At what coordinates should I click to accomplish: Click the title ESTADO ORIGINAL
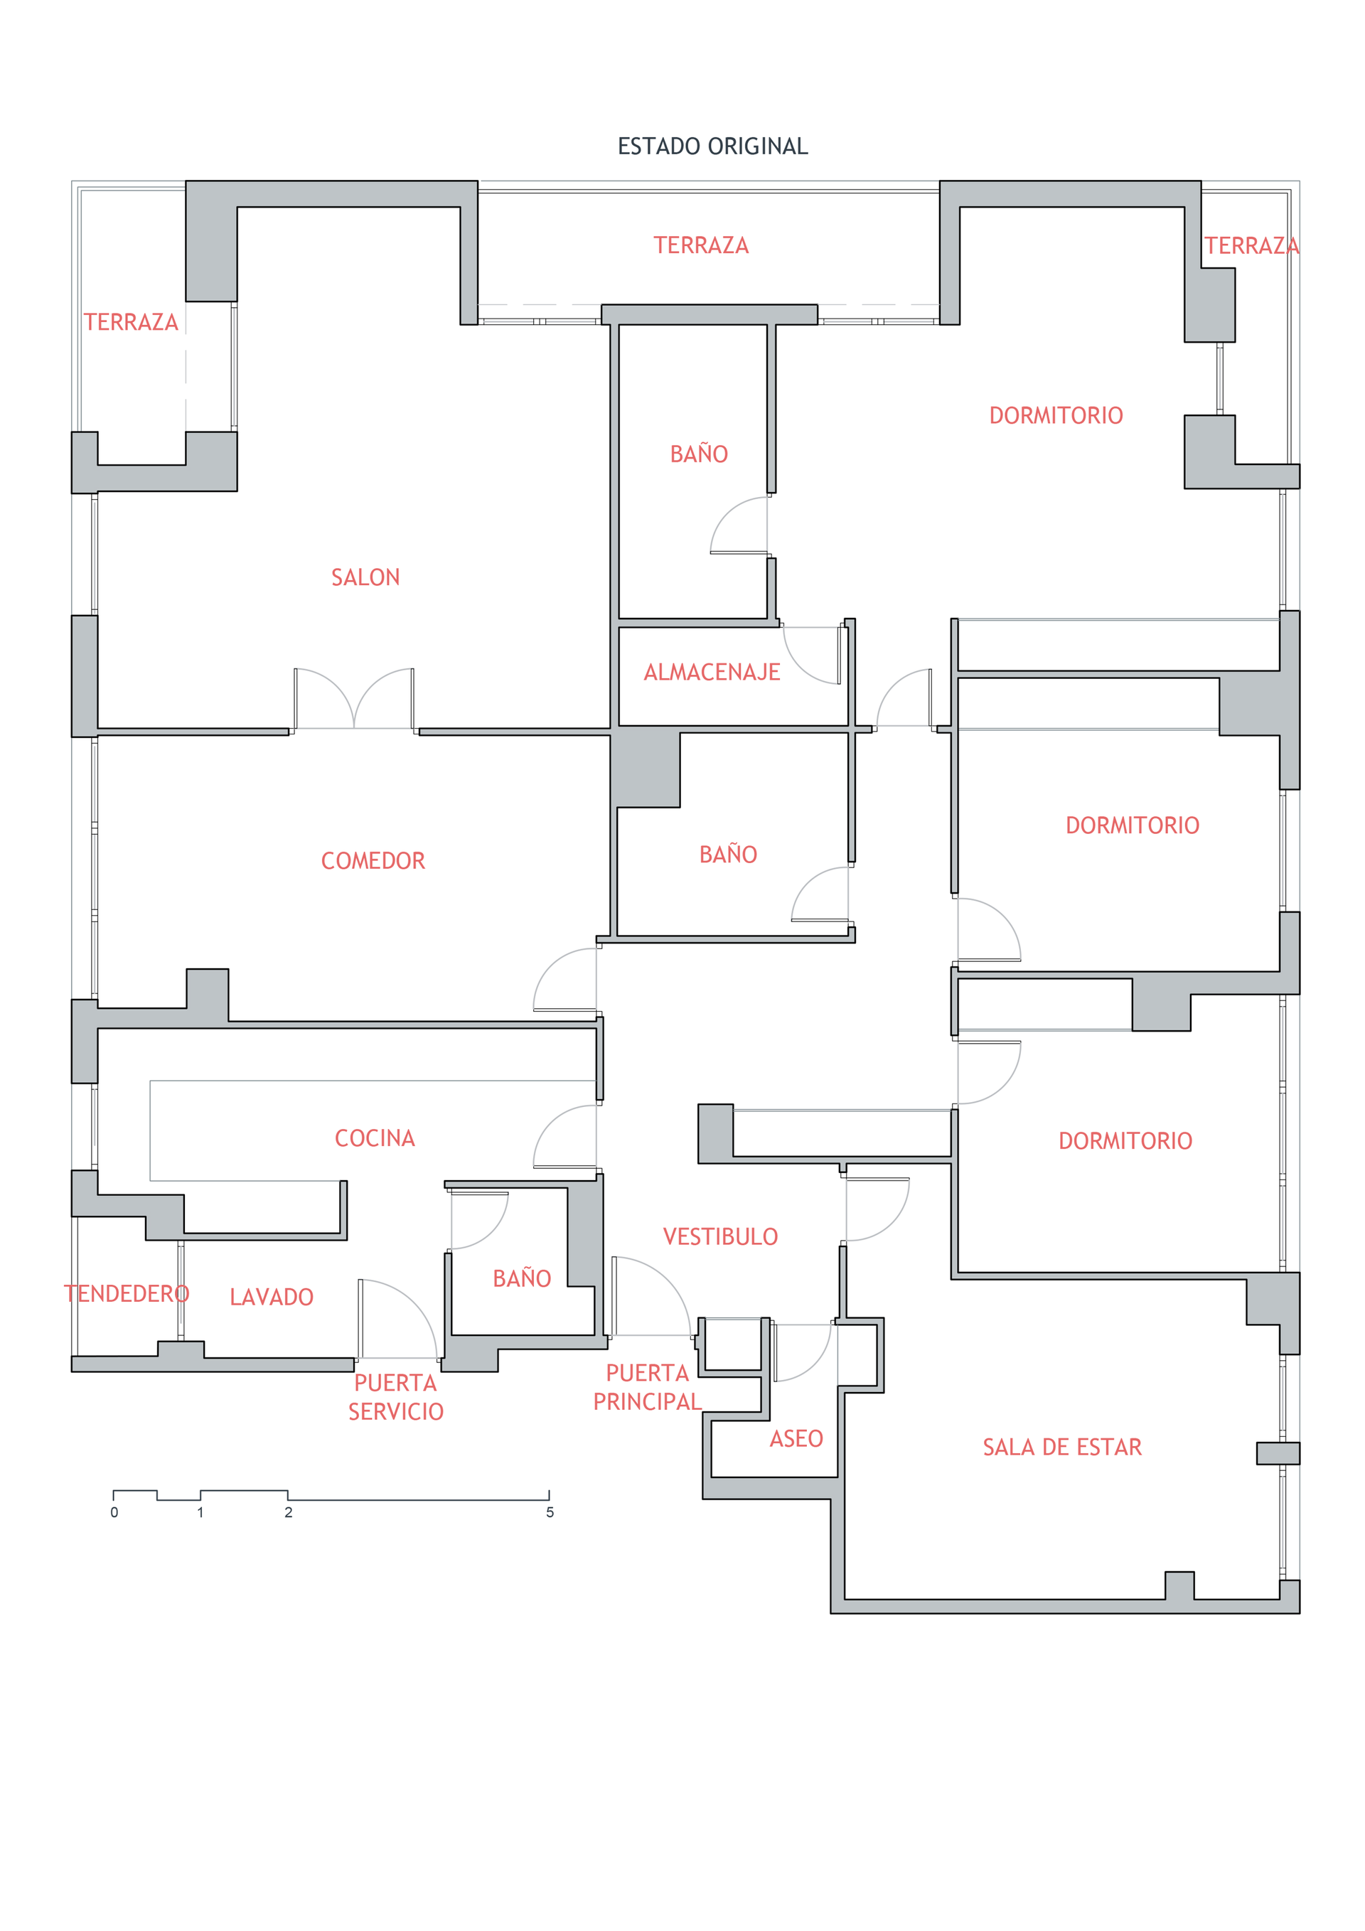[712, 146]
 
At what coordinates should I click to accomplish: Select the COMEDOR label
[373, 860]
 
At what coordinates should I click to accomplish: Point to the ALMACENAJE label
[712, 672]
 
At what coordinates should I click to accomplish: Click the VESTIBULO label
[720, 1236]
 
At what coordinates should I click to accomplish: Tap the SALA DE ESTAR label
[1062, 1447]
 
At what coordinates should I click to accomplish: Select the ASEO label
[796, 1438]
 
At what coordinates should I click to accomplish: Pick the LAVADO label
[271, 1297]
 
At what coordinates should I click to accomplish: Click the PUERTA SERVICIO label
[395, 1397]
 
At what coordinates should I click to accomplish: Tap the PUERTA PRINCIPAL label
[647, 1387]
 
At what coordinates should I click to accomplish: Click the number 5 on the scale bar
[550, 1512]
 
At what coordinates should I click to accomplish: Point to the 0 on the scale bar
[114, 1512]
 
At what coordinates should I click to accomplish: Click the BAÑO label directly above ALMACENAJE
[699, 454]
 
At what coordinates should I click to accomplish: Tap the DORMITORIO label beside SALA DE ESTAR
[1125, 1140]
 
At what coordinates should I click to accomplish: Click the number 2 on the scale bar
[289, 1512]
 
